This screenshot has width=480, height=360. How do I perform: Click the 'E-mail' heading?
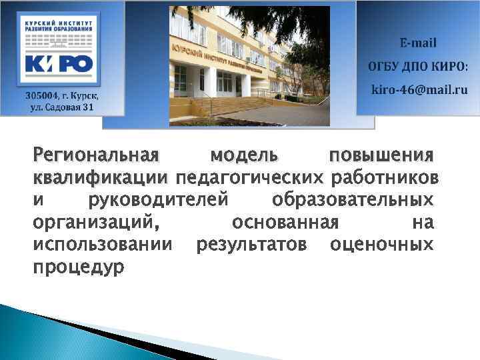[418, 43]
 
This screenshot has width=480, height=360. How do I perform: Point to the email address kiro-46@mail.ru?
[419, 89]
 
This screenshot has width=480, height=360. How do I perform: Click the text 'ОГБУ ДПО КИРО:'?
[418, 67]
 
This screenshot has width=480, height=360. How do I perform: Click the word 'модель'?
[244, 156]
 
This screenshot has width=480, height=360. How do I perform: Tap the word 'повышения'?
[381, 156]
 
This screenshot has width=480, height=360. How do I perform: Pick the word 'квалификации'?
[99, 178]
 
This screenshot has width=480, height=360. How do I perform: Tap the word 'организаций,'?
[96, 222]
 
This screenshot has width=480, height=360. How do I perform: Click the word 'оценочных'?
[381, 244]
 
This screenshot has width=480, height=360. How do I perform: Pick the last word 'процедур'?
[79, 267]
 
